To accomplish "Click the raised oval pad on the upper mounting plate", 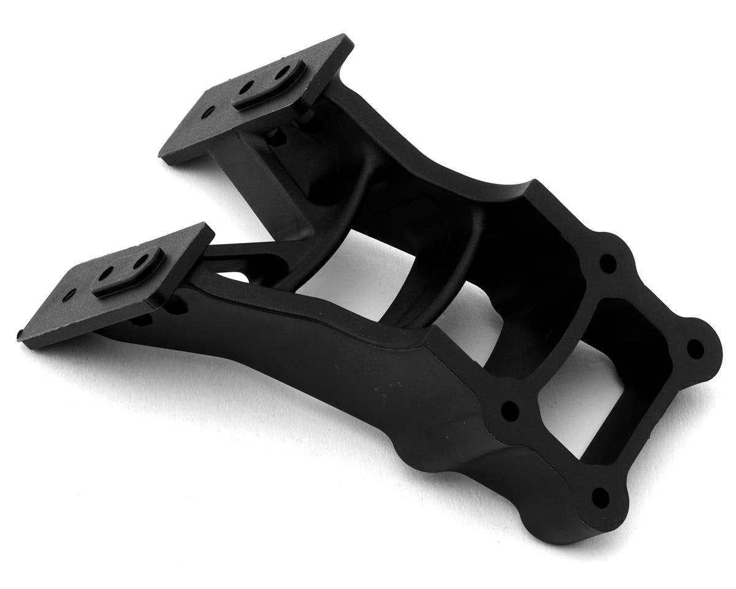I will point(270,84).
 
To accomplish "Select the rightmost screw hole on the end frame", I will point(694,348).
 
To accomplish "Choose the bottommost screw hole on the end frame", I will point(600,496).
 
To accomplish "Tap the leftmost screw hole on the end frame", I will point(510,411).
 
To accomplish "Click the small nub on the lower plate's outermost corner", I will point(21,335).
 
